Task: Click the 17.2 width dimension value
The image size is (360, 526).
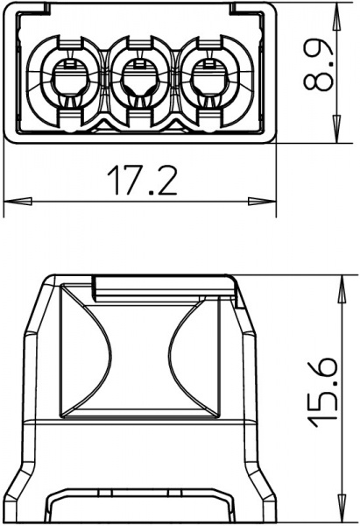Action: click(x=142, y=180)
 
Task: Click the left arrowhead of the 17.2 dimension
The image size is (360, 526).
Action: click(x=18, y=202)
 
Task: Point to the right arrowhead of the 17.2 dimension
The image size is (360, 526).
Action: click(x=262, y=202)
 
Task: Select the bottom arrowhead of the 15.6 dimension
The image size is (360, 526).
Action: click(x=342, y=508)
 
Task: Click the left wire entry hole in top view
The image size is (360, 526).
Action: click(x=70, y=81)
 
